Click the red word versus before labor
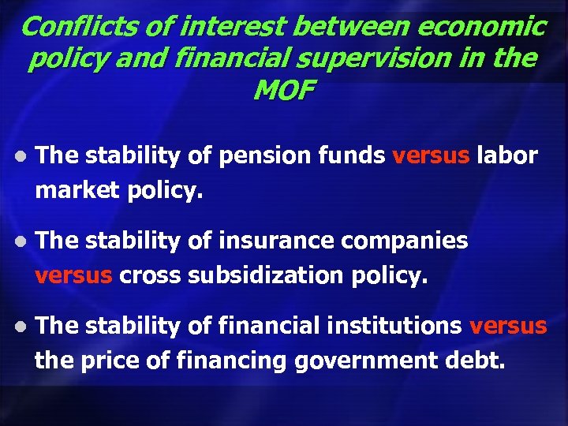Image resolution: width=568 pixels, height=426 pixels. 430,155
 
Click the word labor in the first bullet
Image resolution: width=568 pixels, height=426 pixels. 507,155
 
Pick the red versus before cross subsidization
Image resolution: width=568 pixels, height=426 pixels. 75,275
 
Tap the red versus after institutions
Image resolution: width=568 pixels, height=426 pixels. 508,326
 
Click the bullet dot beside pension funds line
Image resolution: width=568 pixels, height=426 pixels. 21,156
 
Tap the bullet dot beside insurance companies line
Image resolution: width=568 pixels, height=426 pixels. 21,241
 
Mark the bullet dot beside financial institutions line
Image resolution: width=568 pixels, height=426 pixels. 21,327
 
